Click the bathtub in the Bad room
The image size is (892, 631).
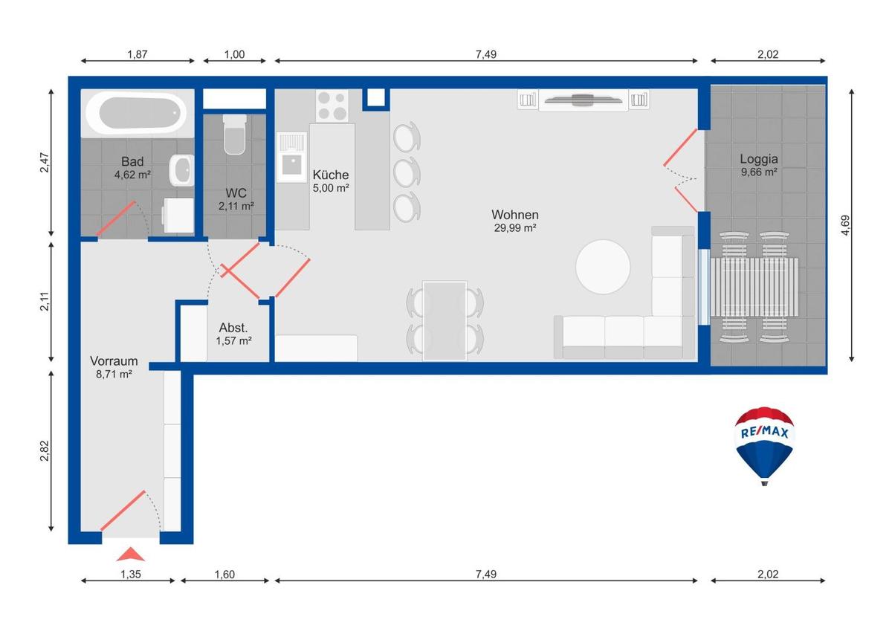137,113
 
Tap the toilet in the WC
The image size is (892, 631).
235,135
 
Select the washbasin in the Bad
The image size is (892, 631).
182,170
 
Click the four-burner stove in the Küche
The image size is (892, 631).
332,106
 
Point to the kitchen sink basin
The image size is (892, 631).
292,165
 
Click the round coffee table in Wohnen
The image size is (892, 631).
603,267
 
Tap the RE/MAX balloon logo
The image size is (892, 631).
764,445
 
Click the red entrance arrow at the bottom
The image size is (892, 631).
131,554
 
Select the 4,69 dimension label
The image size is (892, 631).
845,225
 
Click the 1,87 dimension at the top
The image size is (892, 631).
138,54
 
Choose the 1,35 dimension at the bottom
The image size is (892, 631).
131,574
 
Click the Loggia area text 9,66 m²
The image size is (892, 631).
759,172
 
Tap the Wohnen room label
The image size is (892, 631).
515,215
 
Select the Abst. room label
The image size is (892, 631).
233,328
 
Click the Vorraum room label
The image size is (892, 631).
114,360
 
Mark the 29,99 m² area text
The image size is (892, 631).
515,227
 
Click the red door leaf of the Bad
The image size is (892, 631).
116,219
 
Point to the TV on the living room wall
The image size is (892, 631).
583,100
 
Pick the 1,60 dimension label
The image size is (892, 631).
224,574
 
